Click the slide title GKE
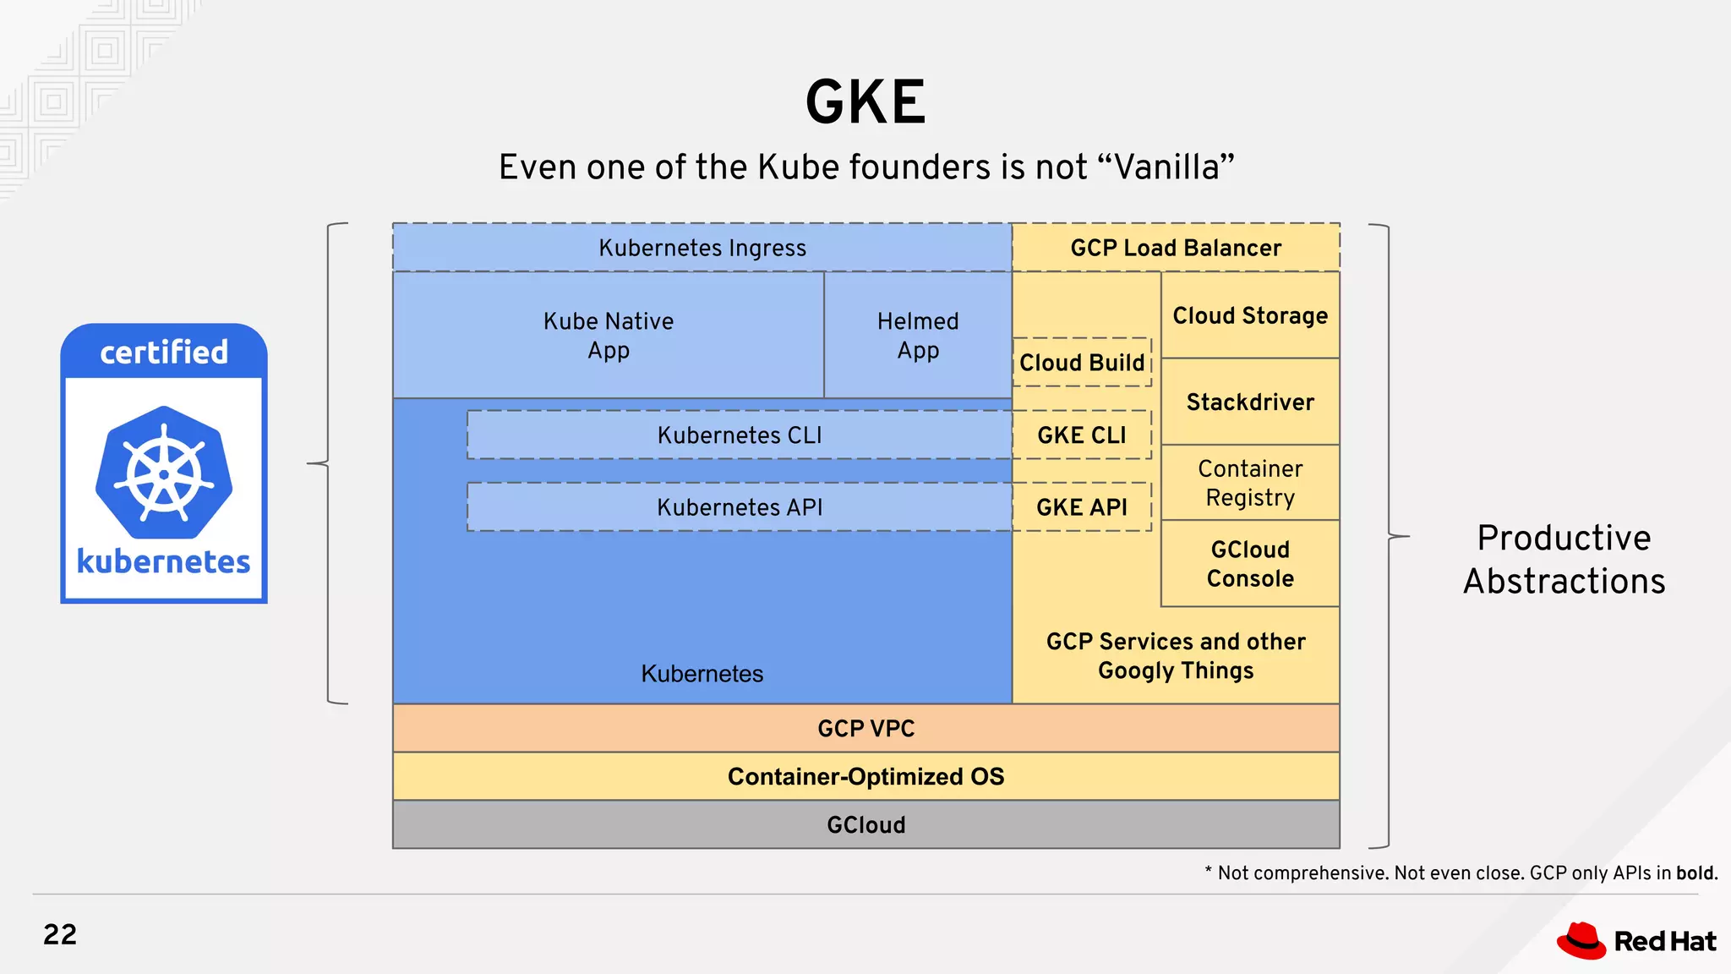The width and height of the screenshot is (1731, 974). pyautogui.click(x=865, y=103)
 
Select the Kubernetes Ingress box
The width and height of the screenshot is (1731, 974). pyautogui.click(x=702, y=248)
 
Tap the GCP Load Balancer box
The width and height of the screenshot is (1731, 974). pyautogui.click(x=1176, y=248)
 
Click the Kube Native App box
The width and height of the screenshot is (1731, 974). pyautogui.click(x=609, y=335)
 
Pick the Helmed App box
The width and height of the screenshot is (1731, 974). pyautogui.click(x=918, y=335)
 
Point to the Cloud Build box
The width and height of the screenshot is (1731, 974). pyautogui.click(x=1082, y=363)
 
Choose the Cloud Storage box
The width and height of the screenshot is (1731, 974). pyautogui.click(x=1250, y=315)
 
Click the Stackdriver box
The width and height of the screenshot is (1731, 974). pyautogui.click(x=1250, y=402)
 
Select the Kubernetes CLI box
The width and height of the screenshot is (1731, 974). pyautogui.click(x=740, y=435)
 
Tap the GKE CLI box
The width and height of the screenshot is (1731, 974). pyautogui.click(x=1082, y=435)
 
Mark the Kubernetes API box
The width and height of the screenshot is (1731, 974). pyautogui.click(x=740, y=507)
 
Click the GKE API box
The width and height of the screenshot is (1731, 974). pyautogui.click(x=1082, y=507)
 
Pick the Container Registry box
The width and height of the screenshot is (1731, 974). pyautogui.click(x=1250, y=483)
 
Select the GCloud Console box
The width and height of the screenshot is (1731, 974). pyautogui.click(x=1250, y=564)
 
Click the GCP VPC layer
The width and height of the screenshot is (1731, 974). pyautogui.click(x=865, y=728)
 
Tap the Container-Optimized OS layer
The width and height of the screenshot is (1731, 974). pyautogui.click(x=865, y=776)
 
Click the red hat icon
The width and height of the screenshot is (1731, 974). pyautogui.click(x=1581, y=940)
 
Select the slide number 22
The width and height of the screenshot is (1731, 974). pyautogui.click(x=60, y=934)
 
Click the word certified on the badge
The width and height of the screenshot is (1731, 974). pyautogui.click(x=164, y=352)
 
